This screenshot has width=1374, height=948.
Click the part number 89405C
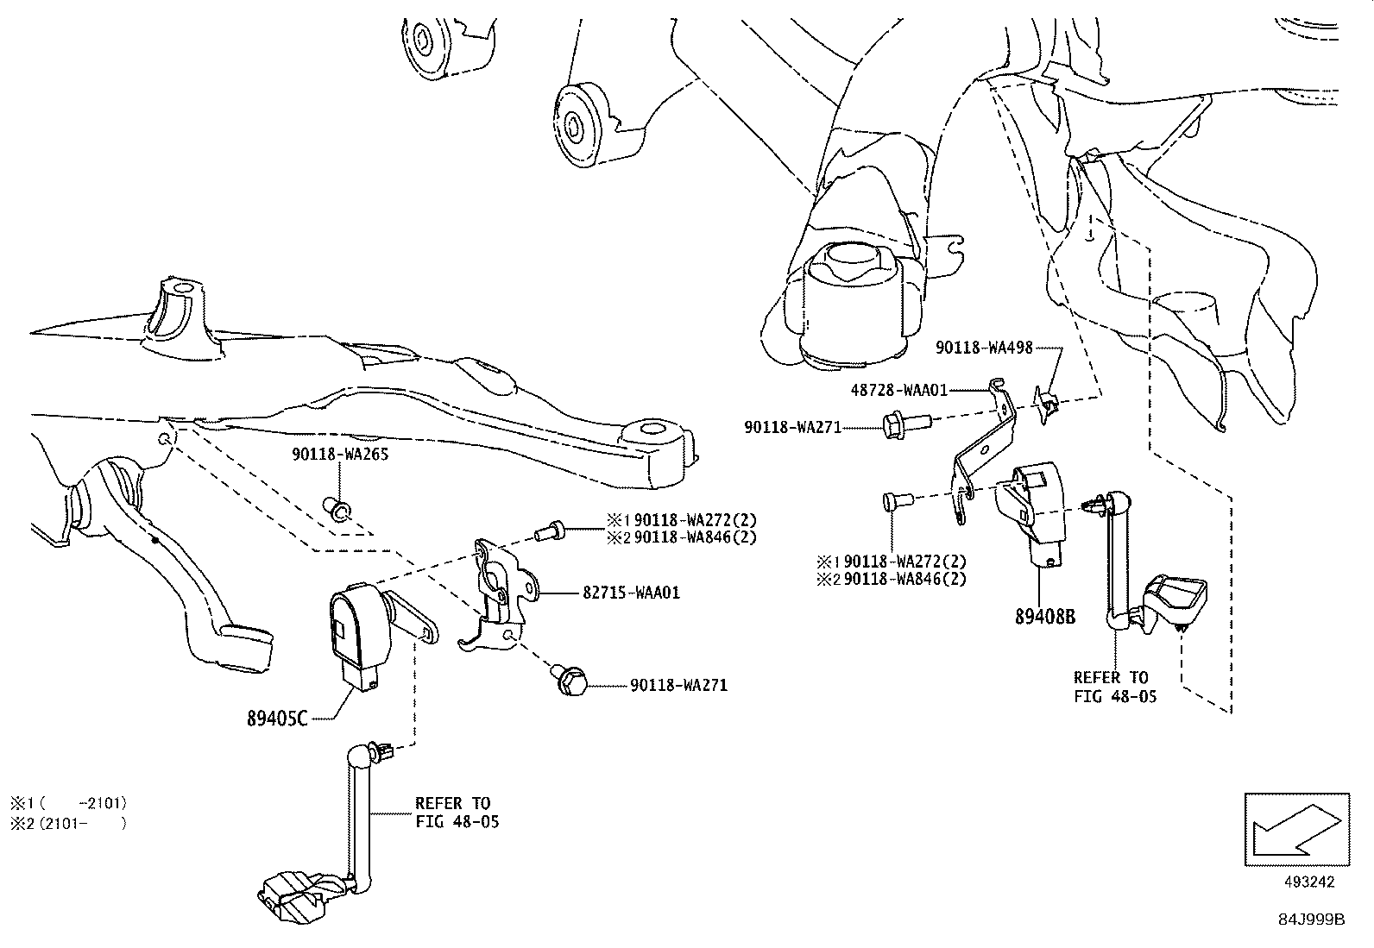(x=277, y=719)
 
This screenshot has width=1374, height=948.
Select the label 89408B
(x=1045, y=617)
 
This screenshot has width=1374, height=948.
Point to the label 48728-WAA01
(x=898, y=390)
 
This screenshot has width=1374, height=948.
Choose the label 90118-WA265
(x=339, y=454)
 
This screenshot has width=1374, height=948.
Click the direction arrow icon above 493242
(x=1295, y=829)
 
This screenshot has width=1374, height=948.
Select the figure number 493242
(x=1308, y=882)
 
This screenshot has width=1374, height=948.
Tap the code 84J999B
(x=1313, y=920)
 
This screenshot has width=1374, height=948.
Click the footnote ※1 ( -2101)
(x=69, y=802)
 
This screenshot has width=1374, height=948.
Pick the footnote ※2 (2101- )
(x=69, y=824)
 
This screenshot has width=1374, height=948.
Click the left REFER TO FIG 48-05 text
(x=456, y=813)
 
